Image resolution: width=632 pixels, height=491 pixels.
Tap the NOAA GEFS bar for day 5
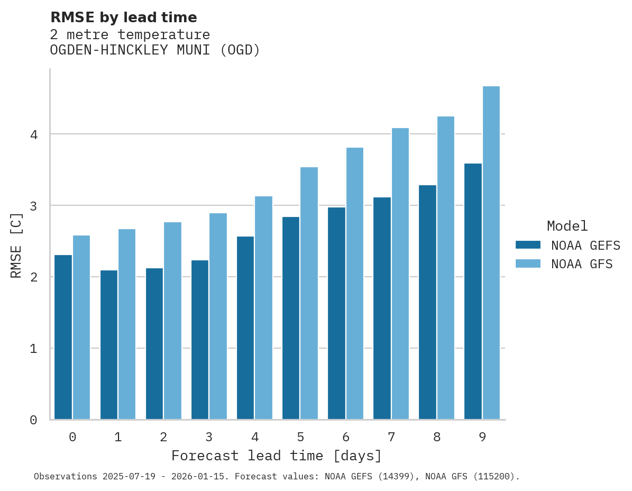tap(291, 318)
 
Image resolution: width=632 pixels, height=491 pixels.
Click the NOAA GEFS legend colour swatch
tap(528, 245)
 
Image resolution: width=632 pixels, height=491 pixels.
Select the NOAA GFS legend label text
tap(582, 264)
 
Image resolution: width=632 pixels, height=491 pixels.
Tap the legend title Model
tap(567, 226)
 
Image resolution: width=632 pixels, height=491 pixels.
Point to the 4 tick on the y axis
tap(33, 134)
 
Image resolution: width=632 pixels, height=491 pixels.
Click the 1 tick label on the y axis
tap(33, 349)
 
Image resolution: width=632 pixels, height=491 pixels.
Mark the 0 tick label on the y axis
tap(33, 420)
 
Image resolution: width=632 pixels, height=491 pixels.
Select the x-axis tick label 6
tap(346, 438)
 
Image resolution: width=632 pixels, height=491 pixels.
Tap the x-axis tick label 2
tap(163, 438)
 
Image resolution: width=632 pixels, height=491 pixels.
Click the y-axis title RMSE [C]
tap(16, 245)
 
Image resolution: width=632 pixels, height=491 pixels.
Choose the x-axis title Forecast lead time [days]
tap(276, 456)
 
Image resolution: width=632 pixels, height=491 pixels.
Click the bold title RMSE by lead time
tap(123, 17)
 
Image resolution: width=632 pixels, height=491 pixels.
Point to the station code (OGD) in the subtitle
tap(240, 50)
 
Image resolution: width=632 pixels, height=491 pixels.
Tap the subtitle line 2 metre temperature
tap(130, 35)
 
